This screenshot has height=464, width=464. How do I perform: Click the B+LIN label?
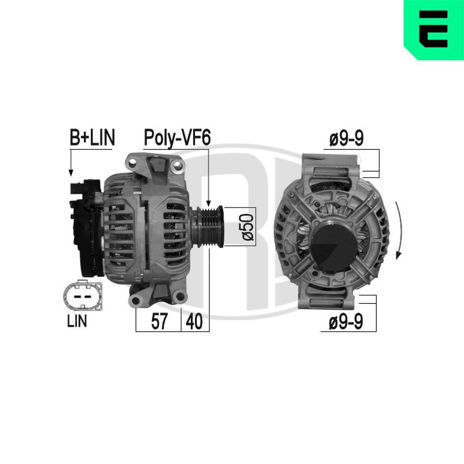pyautogui.click(x=92, y=138)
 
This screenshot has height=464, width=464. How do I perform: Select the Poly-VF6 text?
pyautogui.click(x=177, y=138)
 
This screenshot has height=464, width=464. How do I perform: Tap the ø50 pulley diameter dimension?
pyautogui.click(x=248, y=227)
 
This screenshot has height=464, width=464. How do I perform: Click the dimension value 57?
pyautogui.click(x=159, y=322)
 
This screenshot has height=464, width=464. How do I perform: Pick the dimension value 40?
pyautogui.click(x=194, y=322)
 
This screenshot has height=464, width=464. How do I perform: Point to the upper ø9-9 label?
pyautogui.click(x=346, y=140)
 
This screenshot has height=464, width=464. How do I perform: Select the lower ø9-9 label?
pyautogui.click(x=346, y=322)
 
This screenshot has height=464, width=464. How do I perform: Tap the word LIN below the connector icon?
pyautogui.click(x=77, y=322)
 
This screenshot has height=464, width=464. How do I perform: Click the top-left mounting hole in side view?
pyautogui.click(x=133, y=163)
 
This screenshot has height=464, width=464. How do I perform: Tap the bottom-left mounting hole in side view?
pyautogui.click(x=135, y=301)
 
